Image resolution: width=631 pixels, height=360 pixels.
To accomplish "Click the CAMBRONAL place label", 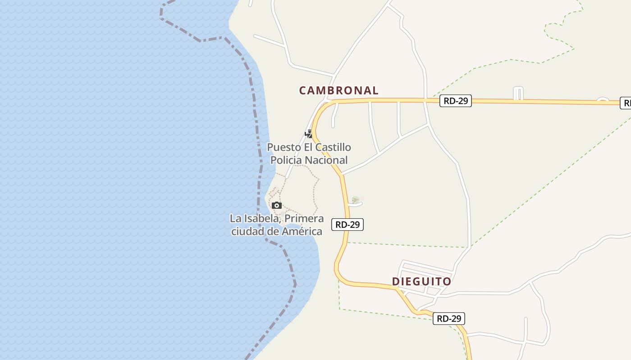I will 338,90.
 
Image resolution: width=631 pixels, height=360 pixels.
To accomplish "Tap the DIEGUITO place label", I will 421,282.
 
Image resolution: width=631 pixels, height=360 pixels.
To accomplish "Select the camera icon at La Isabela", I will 277,206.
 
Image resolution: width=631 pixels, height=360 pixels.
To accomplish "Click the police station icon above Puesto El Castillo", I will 309,134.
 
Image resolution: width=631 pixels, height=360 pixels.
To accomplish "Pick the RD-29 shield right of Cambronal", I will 456,101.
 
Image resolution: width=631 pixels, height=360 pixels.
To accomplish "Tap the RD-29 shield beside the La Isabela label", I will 348,224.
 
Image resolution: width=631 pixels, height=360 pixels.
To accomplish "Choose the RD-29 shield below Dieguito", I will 449,319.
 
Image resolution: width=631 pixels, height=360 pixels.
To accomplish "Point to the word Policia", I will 286,160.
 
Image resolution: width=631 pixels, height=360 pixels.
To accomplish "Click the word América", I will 302,232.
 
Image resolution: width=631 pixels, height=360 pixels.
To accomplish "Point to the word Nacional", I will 326,160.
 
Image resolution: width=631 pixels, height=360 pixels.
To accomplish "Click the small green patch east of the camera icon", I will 356,199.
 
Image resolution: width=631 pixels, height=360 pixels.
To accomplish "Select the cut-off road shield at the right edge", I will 626,103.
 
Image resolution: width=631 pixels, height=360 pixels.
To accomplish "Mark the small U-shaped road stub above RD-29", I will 518,92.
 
